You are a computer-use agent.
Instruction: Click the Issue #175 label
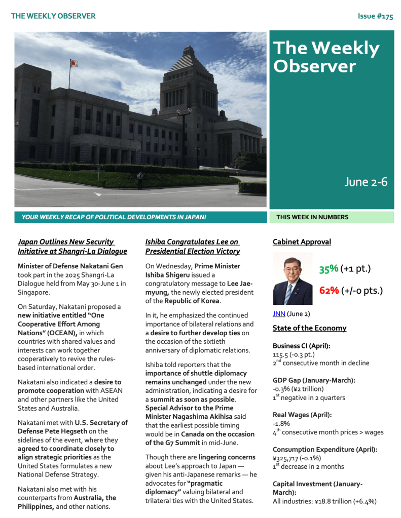pyautogui.click(x=375, y=16)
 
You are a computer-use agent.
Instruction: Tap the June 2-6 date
pyautogui.click(x=366, y=182)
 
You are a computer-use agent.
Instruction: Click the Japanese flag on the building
pyautogui.click(x=74, y=63)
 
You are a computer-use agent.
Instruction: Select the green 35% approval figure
pyautogui.click(x=329, y=269)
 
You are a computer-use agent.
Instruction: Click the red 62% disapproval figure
pyautogui.click(x=329, y=291)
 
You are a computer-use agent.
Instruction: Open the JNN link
pyautogui.click(x=279, y=314)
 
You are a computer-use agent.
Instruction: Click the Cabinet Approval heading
pyautogui.click(x=302, y=242)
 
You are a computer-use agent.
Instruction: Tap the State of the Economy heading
pyautogui.click(x=309, y=328)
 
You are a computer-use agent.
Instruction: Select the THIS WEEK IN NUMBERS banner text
pyautogui.click(x=312, y=217)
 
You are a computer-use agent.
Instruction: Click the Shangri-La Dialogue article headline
pyautogui.click(x=72, y=247)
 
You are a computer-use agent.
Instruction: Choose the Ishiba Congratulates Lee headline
pyautogui.click(x=193, y=247)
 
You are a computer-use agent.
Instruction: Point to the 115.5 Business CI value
pyautogui.click(x=281, y=354)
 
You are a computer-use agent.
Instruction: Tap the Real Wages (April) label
pyautogui.click(x=302, y=415)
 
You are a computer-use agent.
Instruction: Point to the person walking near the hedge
pyautogui.click(x=140, y=179)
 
